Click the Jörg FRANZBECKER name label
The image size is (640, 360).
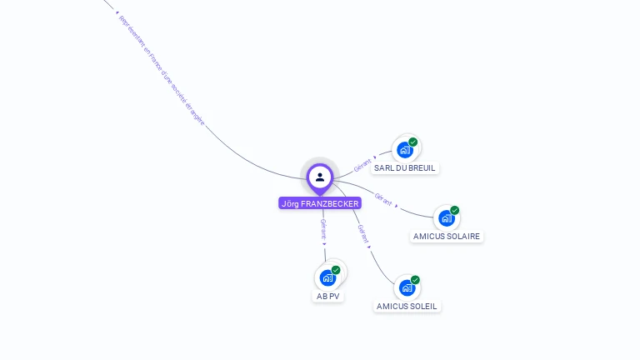pyautogui.click(x=320, y=203)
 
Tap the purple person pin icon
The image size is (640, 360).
pyautogui.click(x=320, y=177)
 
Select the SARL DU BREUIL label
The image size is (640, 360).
pyautogui.click(x=405, y=167)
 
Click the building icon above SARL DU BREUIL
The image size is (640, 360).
pyautogui.click(x=405, y=150)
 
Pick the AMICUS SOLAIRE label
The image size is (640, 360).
pyautogui.click(x=447, y=236)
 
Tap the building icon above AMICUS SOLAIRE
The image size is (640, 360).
pyautogui.click(x=447, y=218)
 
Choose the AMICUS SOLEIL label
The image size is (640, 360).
pyautogui.click(x=407, y=306)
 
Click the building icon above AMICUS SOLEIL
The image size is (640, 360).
pyautogui.click(x=407, y=287)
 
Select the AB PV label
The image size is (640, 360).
pyautogui.click(x=328, y=296)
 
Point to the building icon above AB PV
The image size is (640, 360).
pyautogui.click(x=327, y=277)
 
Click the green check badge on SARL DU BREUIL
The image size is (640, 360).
pyautogui.click(x=413, y=142)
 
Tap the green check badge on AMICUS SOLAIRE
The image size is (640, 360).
pyautogui.click(x=455, y=211)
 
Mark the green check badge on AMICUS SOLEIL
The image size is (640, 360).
pyautogui.click(x=415, y=280)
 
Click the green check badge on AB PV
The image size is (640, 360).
pyautogui.click(x=336, y=270)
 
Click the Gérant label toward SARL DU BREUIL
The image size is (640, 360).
pyautogui.click(x=362, y=165)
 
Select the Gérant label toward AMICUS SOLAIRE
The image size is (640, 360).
pyautogui.click(x=383, y=199)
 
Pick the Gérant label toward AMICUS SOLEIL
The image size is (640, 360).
pyautogui.click(x=362, y=233)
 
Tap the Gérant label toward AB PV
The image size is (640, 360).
pyautogui.click(x=322, y=228)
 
